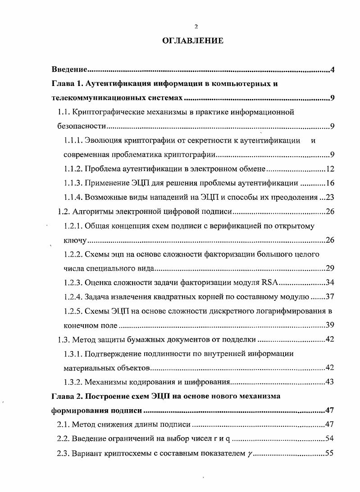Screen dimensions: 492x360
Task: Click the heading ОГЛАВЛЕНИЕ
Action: pos(192,41)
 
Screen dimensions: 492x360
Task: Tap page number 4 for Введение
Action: pos(332,70)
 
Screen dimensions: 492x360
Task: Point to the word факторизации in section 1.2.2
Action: pos(219,254)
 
